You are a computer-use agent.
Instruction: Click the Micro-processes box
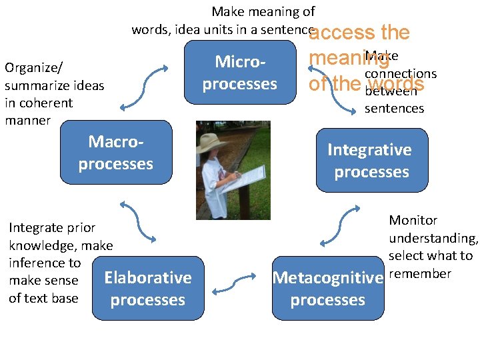tap(240, 73)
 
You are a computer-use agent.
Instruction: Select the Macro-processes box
tap(115, 153)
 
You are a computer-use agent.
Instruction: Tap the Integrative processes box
tap(371, 161)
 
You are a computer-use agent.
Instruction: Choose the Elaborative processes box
tap(148, 289)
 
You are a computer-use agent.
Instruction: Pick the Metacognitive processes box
tap(327, 289)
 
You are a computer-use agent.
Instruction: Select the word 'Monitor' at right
tap(413, 221)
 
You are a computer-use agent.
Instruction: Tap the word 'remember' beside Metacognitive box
tap(420, 274)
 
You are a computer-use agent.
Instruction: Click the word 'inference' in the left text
tap(45, 263)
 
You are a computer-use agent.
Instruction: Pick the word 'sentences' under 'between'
tap(394, 109)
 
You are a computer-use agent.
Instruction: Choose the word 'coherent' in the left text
tap(47, 103)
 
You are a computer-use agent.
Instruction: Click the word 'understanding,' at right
tap(433, 238)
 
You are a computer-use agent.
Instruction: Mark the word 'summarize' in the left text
tap(33, 86)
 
